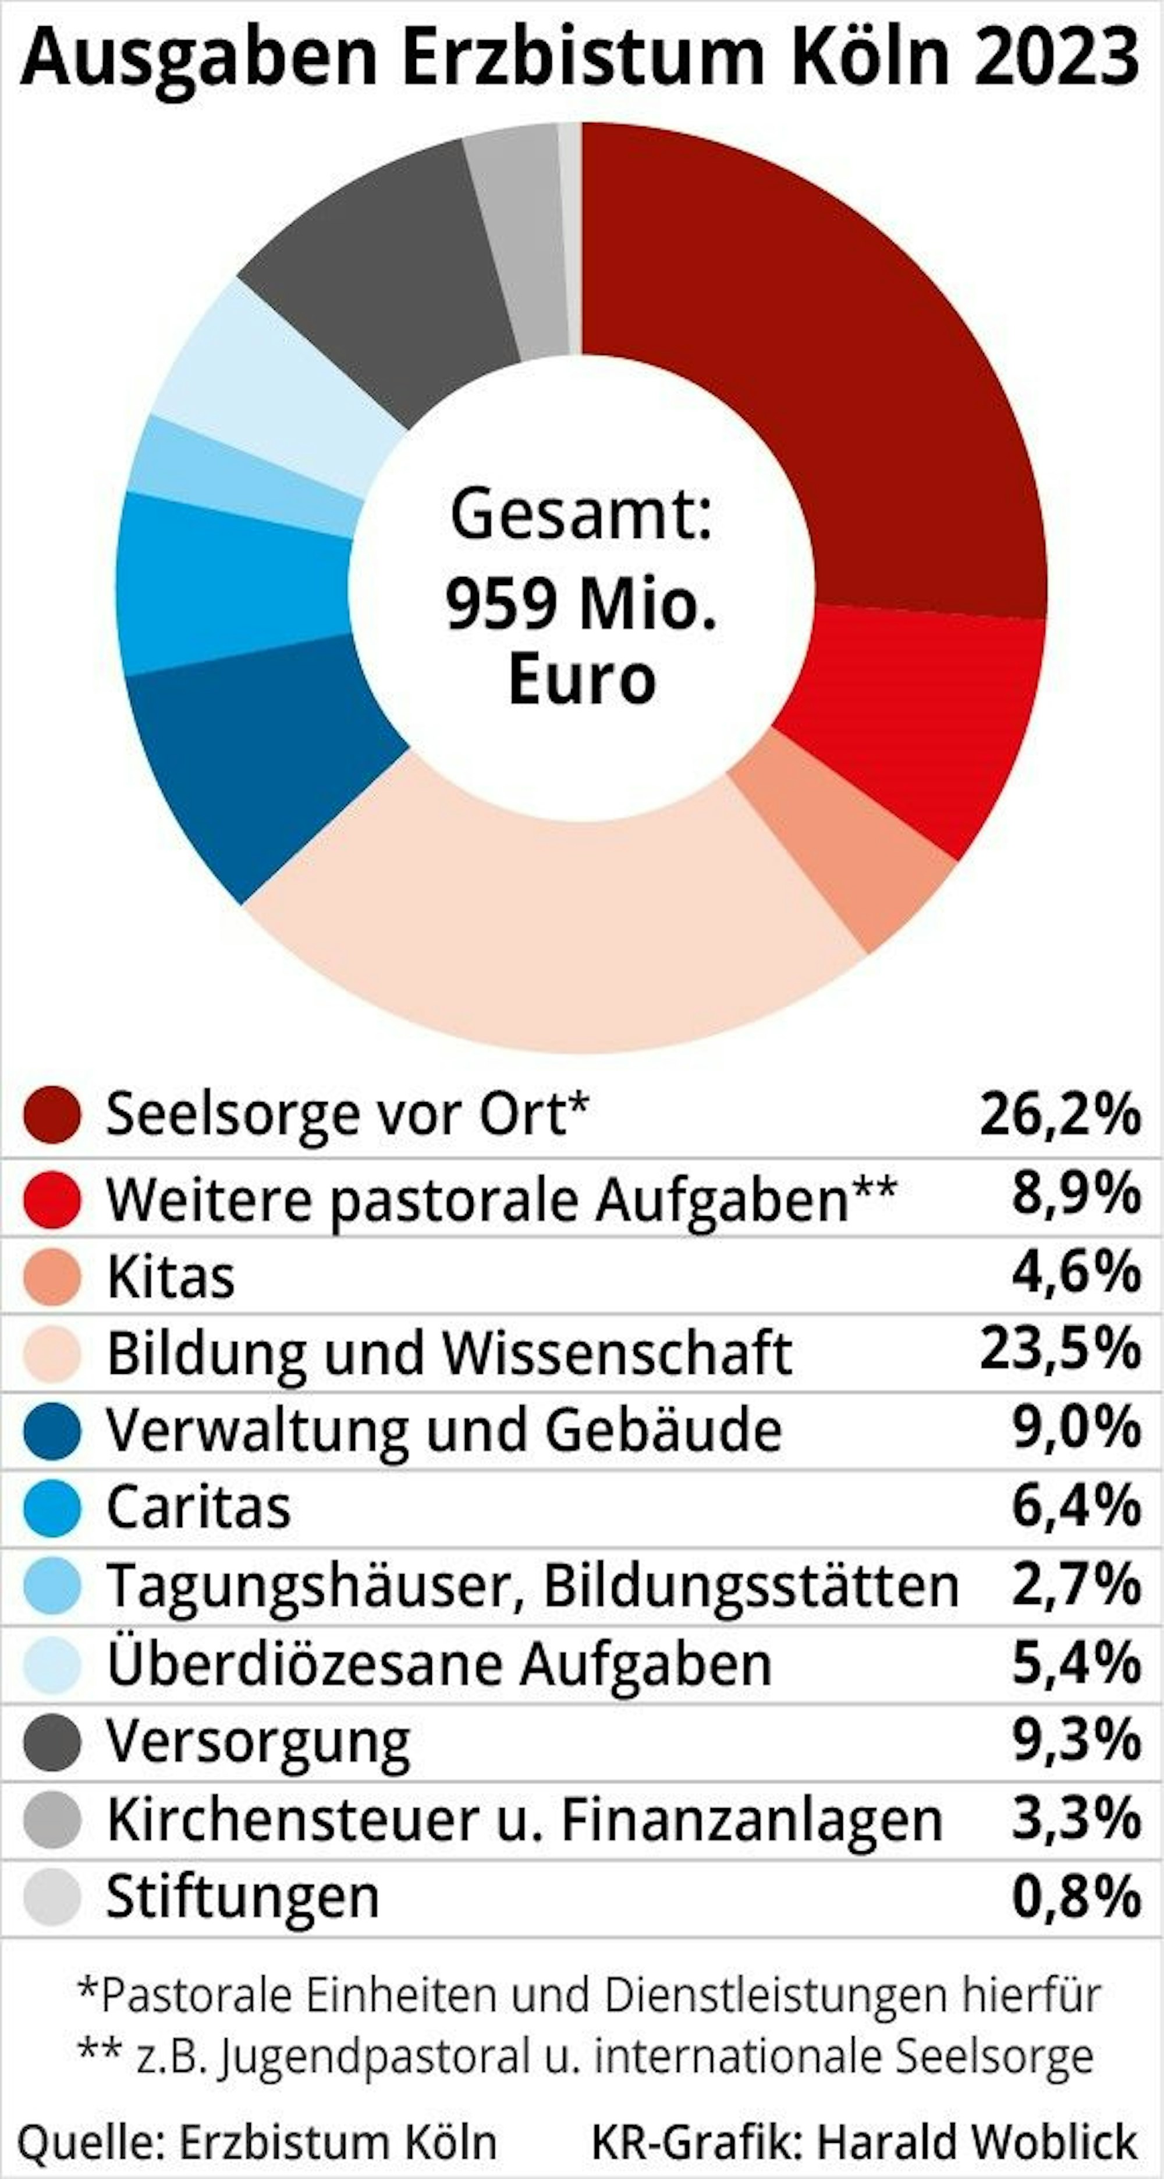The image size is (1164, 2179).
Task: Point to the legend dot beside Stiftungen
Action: click(x=52, y=1897)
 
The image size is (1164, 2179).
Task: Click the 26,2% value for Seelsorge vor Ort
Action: click(x=1060, y=1114)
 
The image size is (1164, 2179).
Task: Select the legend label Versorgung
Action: click(x=258, y=1741)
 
